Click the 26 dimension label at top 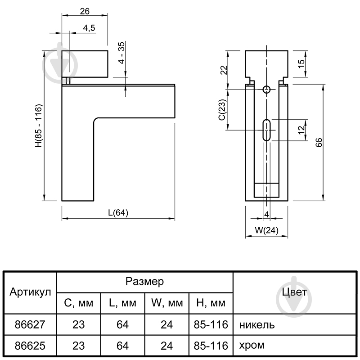pyautogui.click(x=85, y=11)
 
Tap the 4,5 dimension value pyautogui.click(x=89, y=28)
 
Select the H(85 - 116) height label pyautogui.click(x=39, y=126)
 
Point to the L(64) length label pyautogui.click(x=118, y=212)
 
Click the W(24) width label pyautogui.click(x=266, y=230)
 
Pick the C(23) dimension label pyautogui.click(x=222, y=109)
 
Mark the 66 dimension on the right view pyautogui.click(x=319, y=142)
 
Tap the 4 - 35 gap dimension pyautogui.click(x=121, y=53)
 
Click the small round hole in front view pyautogui.click(x=266, y=89)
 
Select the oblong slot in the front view pyautogui.click(x=266, y=130)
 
